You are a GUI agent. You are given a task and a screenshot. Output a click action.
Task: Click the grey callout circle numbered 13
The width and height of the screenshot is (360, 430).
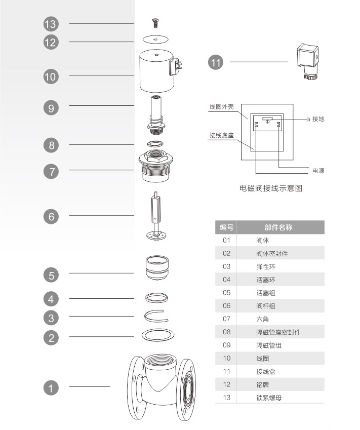click(x=51, y=24)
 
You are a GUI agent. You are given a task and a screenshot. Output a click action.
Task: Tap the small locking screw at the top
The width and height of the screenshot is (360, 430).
click(x=156, y=22)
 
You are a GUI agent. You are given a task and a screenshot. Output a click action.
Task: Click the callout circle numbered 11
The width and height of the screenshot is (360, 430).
click(x=216, y=62)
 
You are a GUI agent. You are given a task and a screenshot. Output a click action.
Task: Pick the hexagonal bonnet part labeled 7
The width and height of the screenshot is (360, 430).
click(x=156, y=168)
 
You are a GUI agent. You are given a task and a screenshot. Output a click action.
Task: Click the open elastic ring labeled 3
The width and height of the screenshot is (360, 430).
click(x=156, y=316)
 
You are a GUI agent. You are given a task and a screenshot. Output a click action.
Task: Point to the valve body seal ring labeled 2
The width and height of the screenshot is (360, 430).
click(x=156, y=335)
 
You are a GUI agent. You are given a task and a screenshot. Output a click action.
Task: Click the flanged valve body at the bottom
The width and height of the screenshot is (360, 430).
click(x=159, y=387)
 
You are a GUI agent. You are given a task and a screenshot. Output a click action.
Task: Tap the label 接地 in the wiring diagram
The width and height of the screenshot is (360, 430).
click(x=318, y=119)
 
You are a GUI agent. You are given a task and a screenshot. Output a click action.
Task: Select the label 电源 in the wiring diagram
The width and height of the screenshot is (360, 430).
click(x=318, y=171)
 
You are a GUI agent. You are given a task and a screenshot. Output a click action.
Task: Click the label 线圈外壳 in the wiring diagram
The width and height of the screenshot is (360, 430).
click(x=222, y=107)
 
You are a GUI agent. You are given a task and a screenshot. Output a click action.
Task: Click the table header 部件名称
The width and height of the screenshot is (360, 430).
click(x=278, y=227)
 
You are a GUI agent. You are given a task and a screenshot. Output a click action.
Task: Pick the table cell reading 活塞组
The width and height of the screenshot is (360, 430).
click(x=265, y=293)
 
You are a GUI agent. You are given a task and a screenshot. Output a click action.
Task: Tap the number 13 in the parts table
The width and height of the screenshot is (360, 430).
click(x=226, y=398)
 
